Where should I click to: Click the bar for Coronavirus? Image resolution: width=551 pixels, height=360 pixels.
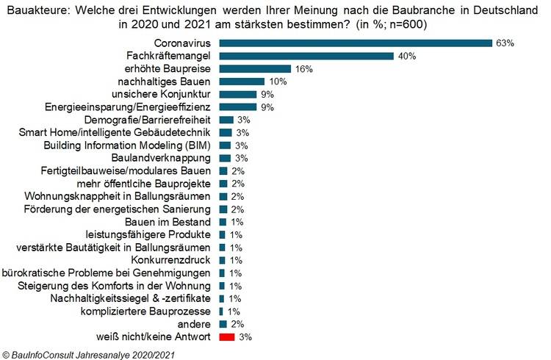click(356, 43)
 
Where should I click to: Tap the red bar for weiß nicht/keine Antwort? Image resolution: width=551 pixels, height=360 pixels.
click(226, 336)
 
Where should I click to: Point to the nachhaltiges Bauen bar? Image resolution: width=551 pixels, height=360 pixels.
click(241, 82)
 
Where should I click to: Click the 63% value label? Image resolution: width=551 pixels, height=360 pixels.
click(505, 43)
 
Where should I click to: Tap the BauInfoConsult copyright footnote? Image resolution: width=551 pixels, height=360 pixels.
click(89, 353)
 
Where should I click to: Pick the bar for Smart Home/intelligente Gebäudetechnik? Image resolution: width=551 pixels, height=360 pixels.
click(226, 132)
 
